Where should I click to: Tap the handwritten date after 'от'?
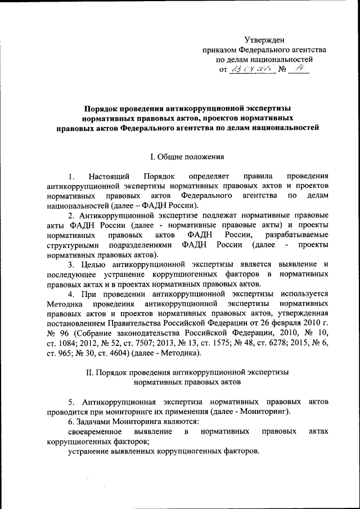251,70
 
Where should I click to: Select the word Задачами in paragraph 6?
94,422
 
